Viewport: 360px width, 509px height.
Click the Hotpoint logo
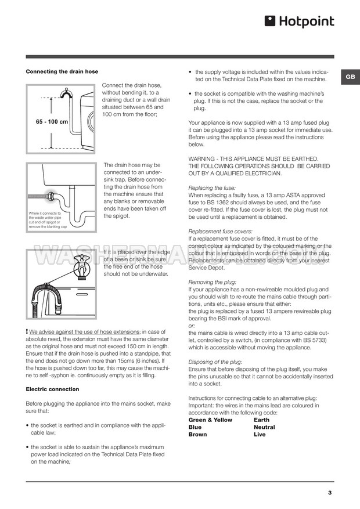point(300,22)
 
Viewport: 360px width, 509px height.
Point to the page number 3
point(330,493)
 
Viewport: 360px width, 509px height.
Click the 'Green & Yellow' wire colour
point(210,420)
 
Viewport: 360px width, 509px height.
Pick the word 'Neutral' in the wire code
point(264,427)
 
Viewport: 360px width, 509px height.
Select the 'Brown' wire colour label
point(198,434)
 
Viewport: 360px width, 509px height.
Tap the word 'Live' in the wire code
point(260,434)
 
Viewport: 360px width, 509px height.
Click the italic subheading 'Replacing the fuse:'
point(212,188)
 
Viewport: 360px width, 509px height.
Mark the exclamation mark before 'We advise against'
point(27,331)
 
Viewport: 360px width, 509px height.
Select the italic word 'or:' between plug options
point(193,325)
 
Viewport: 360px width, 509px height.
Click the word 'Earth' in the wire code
point(262,420)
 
